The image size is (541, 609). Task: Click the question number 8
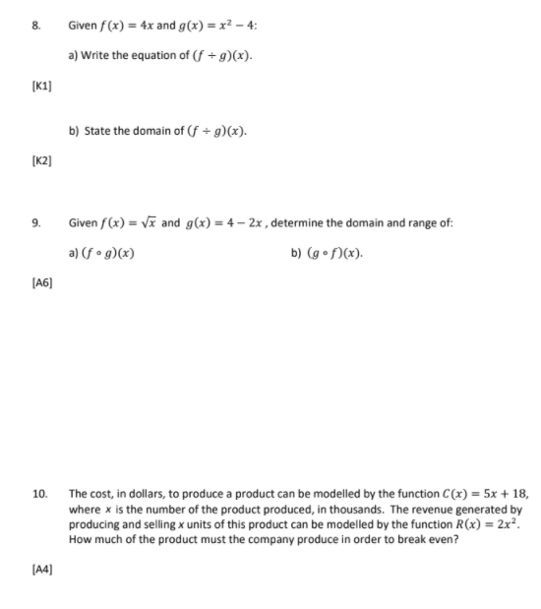pos(32,23)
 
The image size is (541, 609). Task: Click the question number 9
pos(32,223)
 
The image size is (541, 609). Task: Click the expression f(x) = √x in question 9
pos(133,223)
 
